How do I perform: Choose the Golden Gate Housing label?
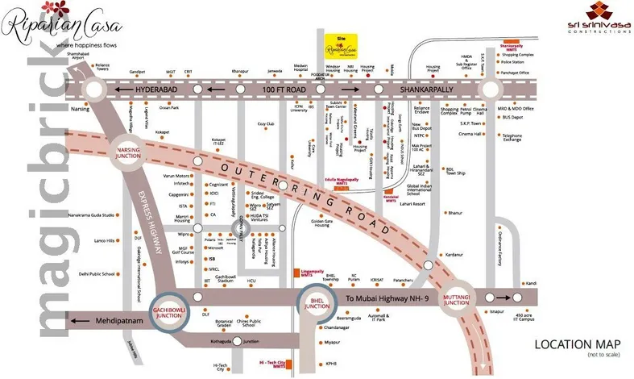tap(322, 223)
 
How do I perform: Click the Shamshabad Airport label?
tap(77, 56)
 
